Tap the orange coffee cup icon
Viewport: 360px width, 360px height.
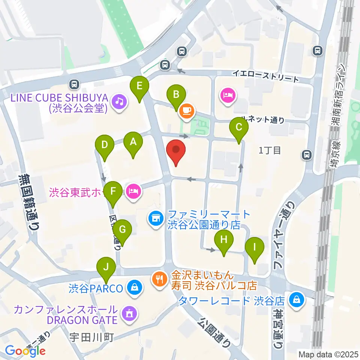click(187, 110)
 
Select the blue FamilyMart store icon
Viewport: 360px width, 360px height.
click(156, 217)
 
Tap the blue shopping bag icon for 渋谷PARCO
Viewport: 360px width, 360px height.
click(133, 288)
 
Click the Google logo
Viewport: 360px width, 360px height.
click(25, 351)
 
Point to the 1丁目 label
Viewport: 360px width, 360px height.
click(270, 150)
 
